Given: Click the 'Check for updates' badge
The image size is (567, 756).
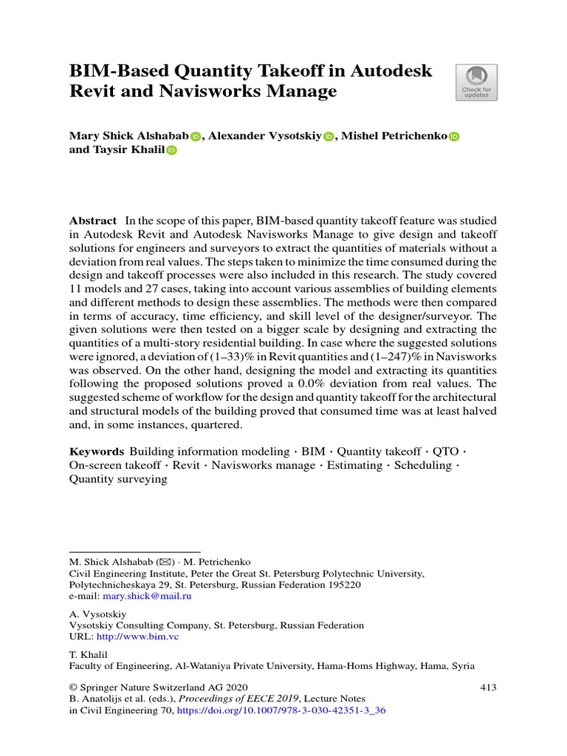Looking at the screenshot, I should coord(477,83).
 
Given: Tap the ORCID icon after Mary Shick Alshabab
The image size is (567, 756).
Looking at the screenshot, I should coord(196,137).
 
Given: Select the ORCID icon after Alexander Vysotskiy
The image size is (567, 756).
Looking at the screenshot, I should coord(329,137).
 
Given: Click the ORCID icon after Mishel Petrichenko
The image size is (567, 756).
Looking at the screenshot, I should coord(454,137).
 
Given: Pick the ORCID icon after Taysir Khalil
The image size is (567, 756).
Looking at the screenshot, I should coord(172,151).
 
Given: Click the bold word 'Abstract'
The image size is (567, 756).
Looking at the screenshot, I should coord(93,221).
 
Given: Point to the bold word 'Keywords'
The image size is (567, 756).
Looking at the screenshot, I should coord(97,452).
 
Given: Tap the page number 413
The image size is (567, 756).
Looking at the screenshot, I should coord(488,687).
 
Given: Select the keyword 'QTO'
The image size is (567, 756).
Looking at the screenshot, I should coord(450,452).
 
